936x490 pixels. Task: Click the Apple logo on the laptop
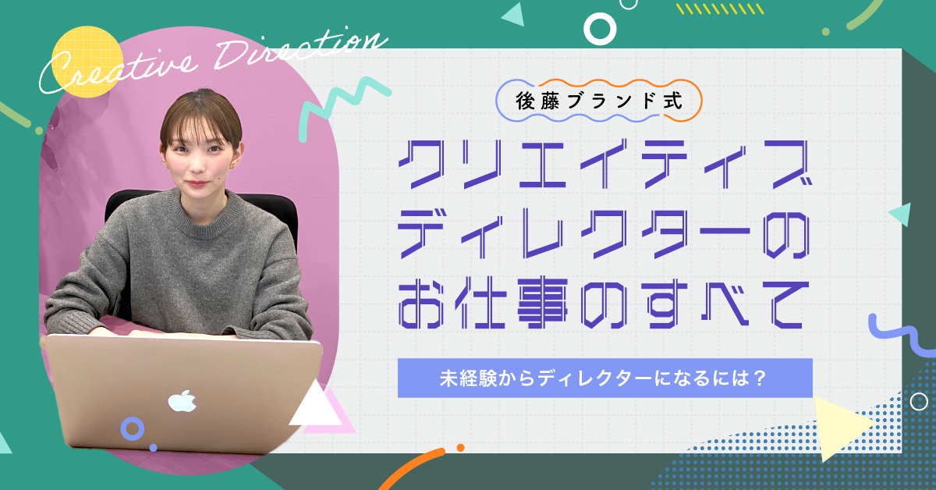(182, 401)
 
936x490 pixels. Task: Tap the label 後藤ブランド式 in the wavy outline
(599, 101)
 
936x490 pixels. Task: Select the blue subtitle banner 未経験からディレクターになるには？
(604, 378)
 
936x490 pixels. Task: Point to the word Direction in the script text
(299, 50)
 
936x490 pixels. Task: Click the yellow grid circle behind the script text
(87, 62)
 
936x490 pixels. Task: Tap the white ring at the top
(600, 29)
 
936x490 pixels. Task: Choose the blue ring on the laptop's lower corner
(133, 428)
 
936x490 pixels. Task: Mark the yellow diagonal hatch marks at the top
(719, 9)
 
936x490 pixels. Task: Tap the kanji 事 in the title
(542, 303)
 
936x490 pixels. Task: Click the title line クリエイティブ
(605, 164)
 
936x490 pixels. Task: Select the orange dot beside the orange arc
(460, 448)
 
